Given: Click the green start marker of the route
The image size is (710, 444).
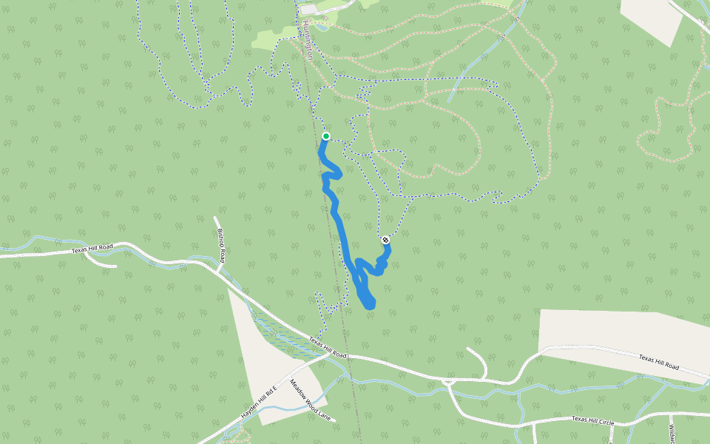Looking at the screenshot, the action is click(325, 136).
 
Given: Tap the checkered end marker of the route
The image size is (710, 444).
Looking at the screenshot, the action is click(385, 240).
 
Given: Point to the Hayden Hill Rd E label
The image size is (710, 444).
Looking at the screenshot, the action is click(259, 403).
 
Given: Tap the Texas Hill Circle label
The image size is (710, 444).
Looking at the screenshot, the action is click(592, 421).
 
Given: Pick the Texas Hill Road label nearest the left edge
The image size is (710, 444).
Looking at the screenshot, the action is click(92, 249).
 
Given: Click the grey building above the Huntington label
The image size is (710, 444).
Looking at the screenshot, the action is click(308, 10).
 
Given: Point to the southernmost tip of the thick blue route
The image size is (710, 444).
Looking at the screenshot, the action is click(370, 306).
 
